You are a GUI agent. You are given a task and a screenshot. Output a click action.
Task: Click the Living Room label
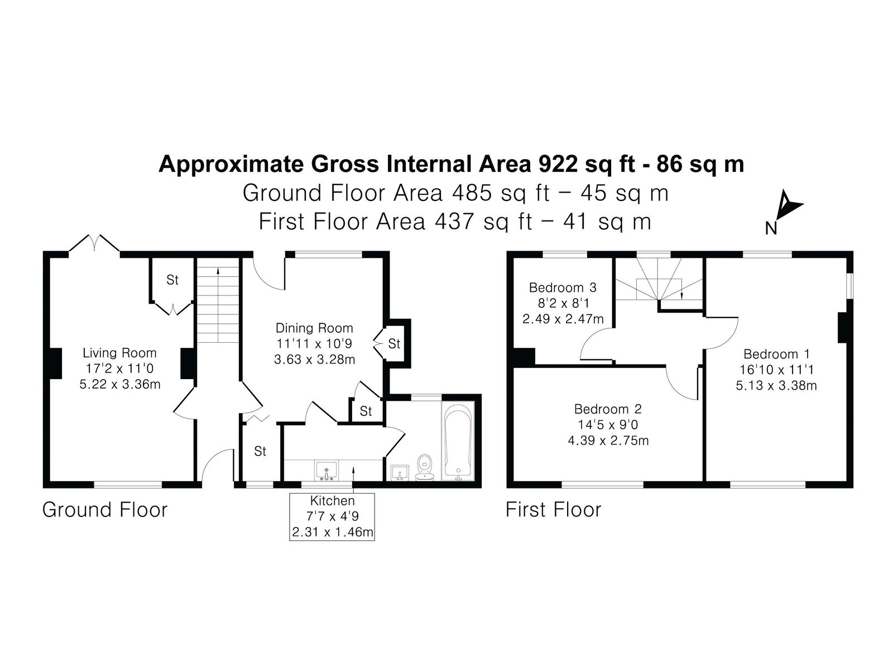(119, 353)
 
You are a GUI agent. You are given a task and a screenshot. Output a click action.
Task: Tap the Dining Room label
(314, 328)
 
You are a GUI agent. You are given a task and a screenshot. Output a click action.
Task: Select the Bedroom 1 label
(776, 354)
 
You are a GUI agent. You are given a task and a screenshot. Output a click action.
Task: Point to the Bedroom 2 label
(608, 409)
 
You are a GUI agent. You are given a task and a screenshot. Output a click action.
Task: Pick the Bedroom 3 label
(563, 288)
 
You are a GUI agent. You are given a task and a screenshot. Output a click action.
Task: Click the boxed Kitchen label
(333, 500)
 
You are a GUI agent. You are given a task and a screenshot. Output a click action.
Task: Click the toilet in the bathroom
(425, 467)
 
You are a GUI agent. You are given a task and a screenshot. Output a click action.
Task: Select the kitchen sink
(327, 470)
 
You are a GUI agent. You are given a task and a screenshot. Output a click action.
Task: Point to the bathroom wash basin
(399, 473)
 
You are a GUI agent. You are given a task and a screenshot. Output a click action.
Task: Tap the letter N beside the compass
(771, 228)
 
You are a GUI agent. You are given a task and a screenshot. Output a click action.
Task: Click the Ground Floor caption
(105, 510)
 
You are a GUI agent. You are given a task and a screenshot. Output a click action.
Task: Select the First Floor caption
(553, 510)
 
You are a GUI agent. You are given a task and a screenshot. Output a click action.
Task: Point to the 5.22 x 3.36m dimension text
(119, 384)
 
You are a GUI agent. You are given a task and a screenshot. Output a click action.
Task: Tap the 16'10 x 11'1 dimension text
(776, 370)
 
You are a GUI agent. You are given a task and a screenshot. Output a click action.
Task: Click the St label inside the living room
(172, 280)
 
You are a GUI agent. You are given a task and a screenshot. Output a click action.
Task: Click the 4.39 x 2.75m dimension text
(608, 441)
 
